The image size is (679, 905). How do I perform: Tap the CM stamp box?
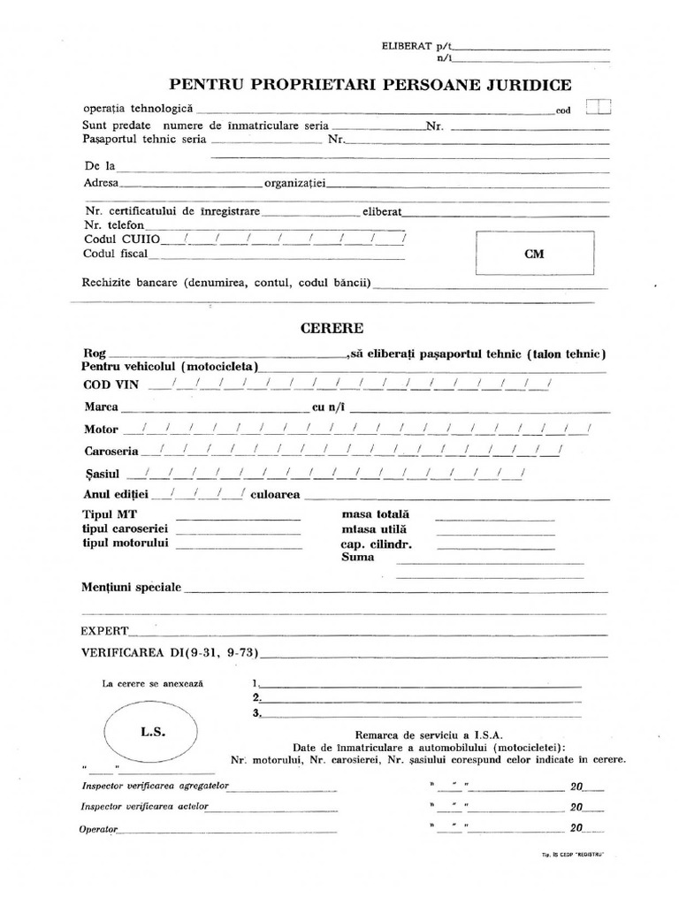coord(535,254)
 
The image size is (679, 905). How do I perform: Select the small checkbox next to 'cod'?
coord(598,108)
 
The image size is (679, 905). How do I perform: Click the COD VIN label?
coord(111,384)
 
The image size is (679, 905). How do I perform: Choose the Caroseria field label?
coord(107,451)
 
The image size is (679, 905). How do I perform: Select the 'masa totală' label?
coord(375,514)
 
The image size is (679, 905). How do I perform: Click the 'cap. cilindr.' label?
coord(377,544)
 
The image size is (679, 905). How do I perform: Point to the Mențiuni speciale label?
coord(131,587)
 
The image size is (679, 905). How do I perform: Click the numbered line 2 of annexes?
coord(416,698)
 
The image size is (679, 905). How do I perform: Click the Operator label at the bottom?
coord(98,829)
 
